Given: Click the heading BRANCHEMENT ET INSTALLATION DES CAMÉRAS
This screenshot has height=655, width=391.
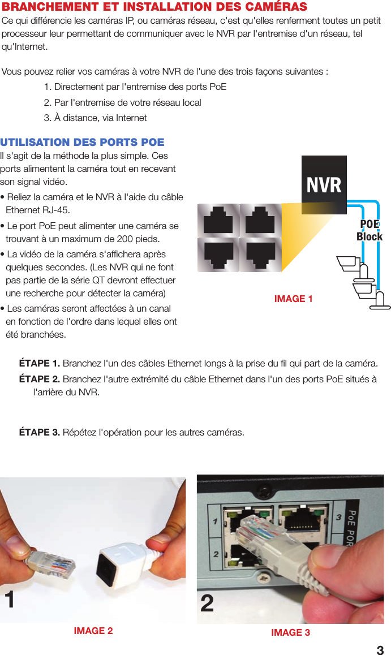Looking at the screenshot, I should (154, 7).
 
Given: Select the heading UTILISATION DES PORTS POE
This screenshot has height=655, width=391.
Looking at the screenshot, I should (83, 142).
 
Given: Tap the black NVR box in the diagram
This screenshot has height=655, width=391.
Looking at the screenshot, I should (324, 185).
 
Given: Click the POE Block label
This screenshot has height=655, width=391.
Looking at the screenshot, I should (369, 230).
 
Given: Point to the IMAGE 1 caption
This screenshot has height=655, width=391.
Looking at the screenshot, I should (293, 299).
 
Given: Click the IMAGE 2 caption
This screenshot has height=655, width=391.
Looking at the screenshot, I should (93, 631).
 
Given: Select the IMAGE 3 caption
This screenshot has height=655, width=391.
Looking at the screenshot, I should (290, 632).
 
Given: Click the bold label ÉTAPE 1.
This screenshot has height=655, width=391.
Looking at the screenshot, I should (40, 363).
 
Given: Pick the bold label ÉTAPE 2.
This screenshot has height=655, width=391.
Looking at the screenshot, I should (40, 378).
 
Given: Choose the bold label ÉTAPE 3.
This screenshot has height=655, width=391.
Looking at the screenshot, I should (40, 433).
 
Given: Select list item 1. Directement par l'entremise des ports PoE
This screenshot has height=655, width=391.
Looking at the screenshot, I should (135, 87).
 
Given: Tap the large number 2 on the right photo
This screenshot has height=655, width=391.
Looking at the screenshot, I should (207, 604).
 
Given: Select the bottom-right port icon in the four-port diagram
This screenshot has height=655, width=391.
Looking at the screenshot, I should (261, 255).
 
